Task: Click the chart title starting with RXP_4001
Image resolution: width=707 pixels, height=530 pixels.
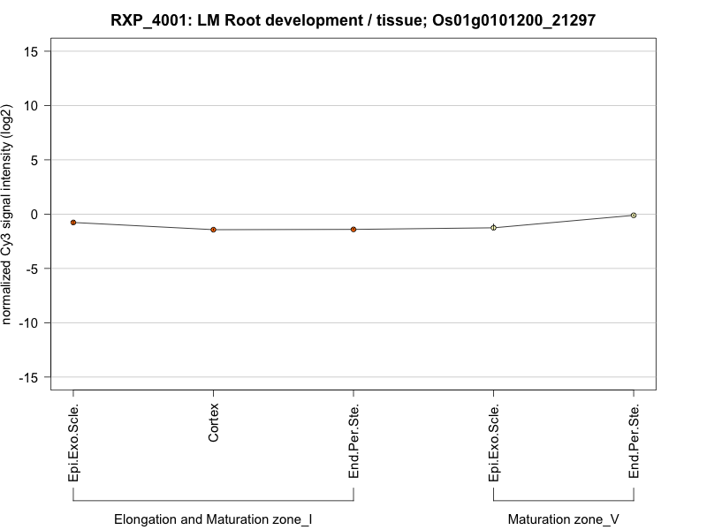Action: [x=353, y=19]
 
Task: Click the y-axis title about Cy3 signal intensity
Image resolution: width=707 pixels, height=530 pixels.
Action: [x=7, y=214]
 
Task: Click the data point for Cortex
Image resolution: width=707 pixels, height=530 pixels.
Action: [x=213, y=230]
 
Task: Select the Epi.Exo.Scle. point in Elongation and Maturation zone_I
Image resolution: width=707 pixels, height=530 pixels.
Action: [x=73, y=223]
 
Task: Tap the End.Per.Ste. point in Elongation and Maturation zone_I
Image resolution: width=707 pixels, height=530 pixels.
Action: [x=353, y=230]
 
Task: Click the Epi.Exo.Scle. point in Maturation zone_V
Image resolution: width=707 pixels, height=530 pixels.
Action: [x=494, y=228]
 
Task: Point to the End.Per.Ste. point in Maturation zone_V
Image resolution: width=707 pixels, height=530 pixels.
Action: [x=634, y=216]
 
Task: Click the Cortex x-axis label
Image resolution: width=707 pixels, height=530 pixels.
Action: [x=214, y=424]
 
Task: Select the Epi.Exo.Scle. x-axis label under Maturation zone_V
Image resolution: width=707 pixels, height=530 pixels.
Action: [x=495, y=443]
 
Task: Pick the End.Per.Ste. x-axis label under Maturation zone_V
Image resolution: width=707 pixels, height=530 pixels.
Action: [x=635, y=443]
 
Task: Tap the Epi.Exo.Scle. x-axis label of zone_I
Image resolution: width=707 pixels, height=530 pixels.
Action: [x=74, y=443]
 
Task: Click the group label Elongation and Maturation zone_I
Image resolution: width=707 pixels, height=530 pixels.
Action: [x=213, y=519]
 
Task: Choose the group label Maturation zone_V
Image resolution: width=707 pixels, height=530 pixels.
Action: [x=564, y=519]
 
